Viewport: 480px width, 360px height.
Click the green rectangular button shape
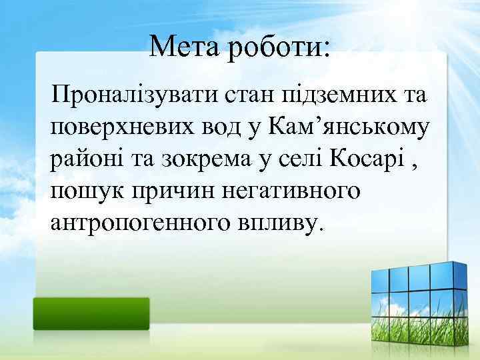click(92, 313)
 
